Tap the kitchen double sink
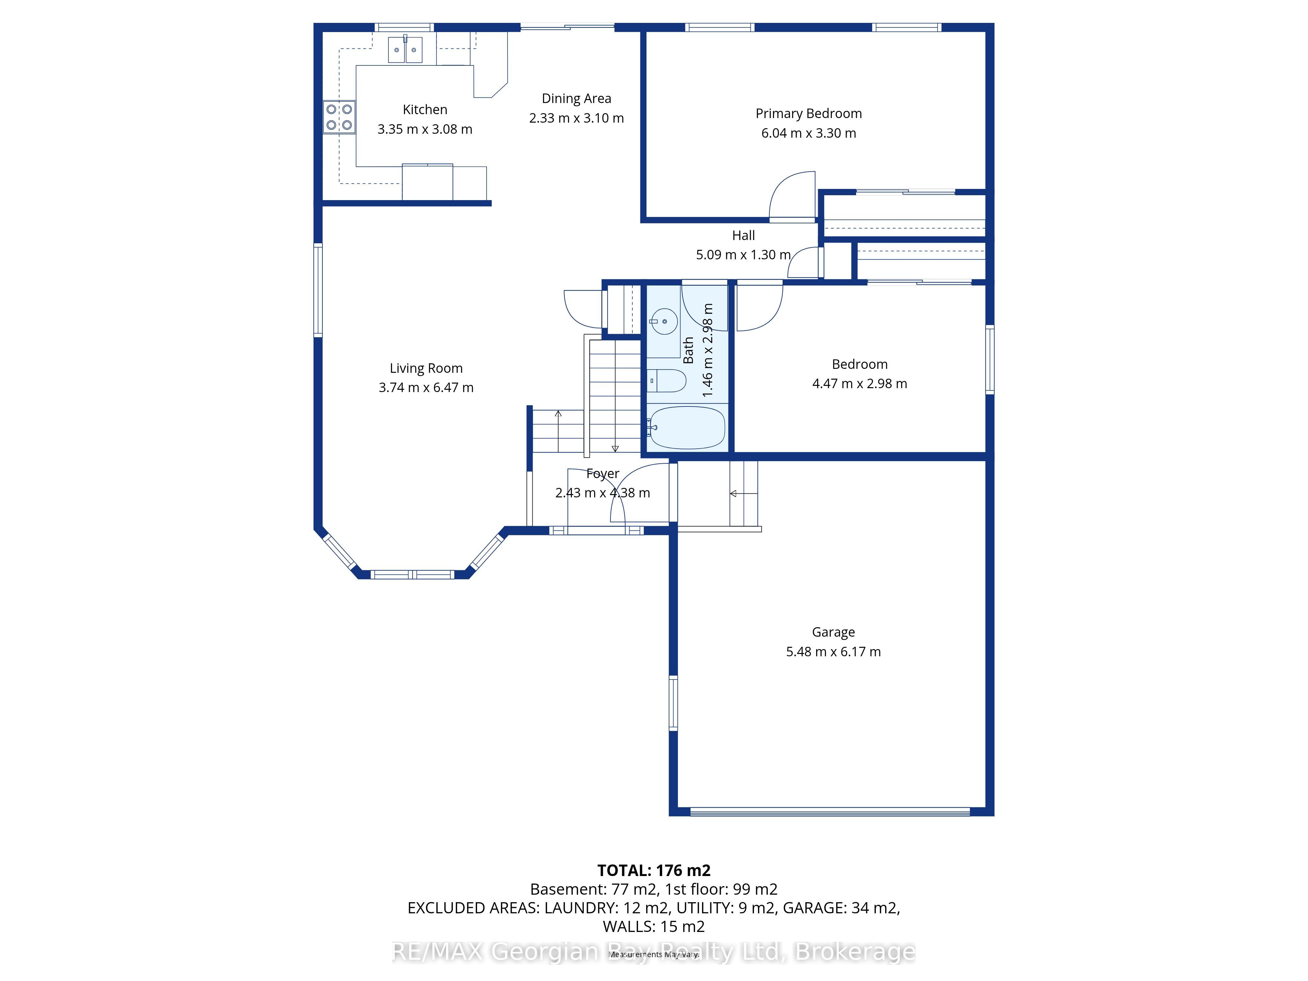coord(405,50)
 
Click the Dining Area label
coord(577,99)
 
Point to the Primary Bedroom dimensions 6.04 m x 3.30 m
coord(808,133)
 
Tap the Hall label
coord(743,235)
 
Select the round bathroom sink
coord(664,322)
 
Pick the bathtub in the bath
coord(686,427)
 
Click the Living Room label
coord(426,369)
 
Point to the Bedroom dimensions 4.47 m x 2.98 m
coord(859,384)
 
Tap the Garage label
coord(833,632)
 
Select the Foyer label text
coord(603,473)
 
